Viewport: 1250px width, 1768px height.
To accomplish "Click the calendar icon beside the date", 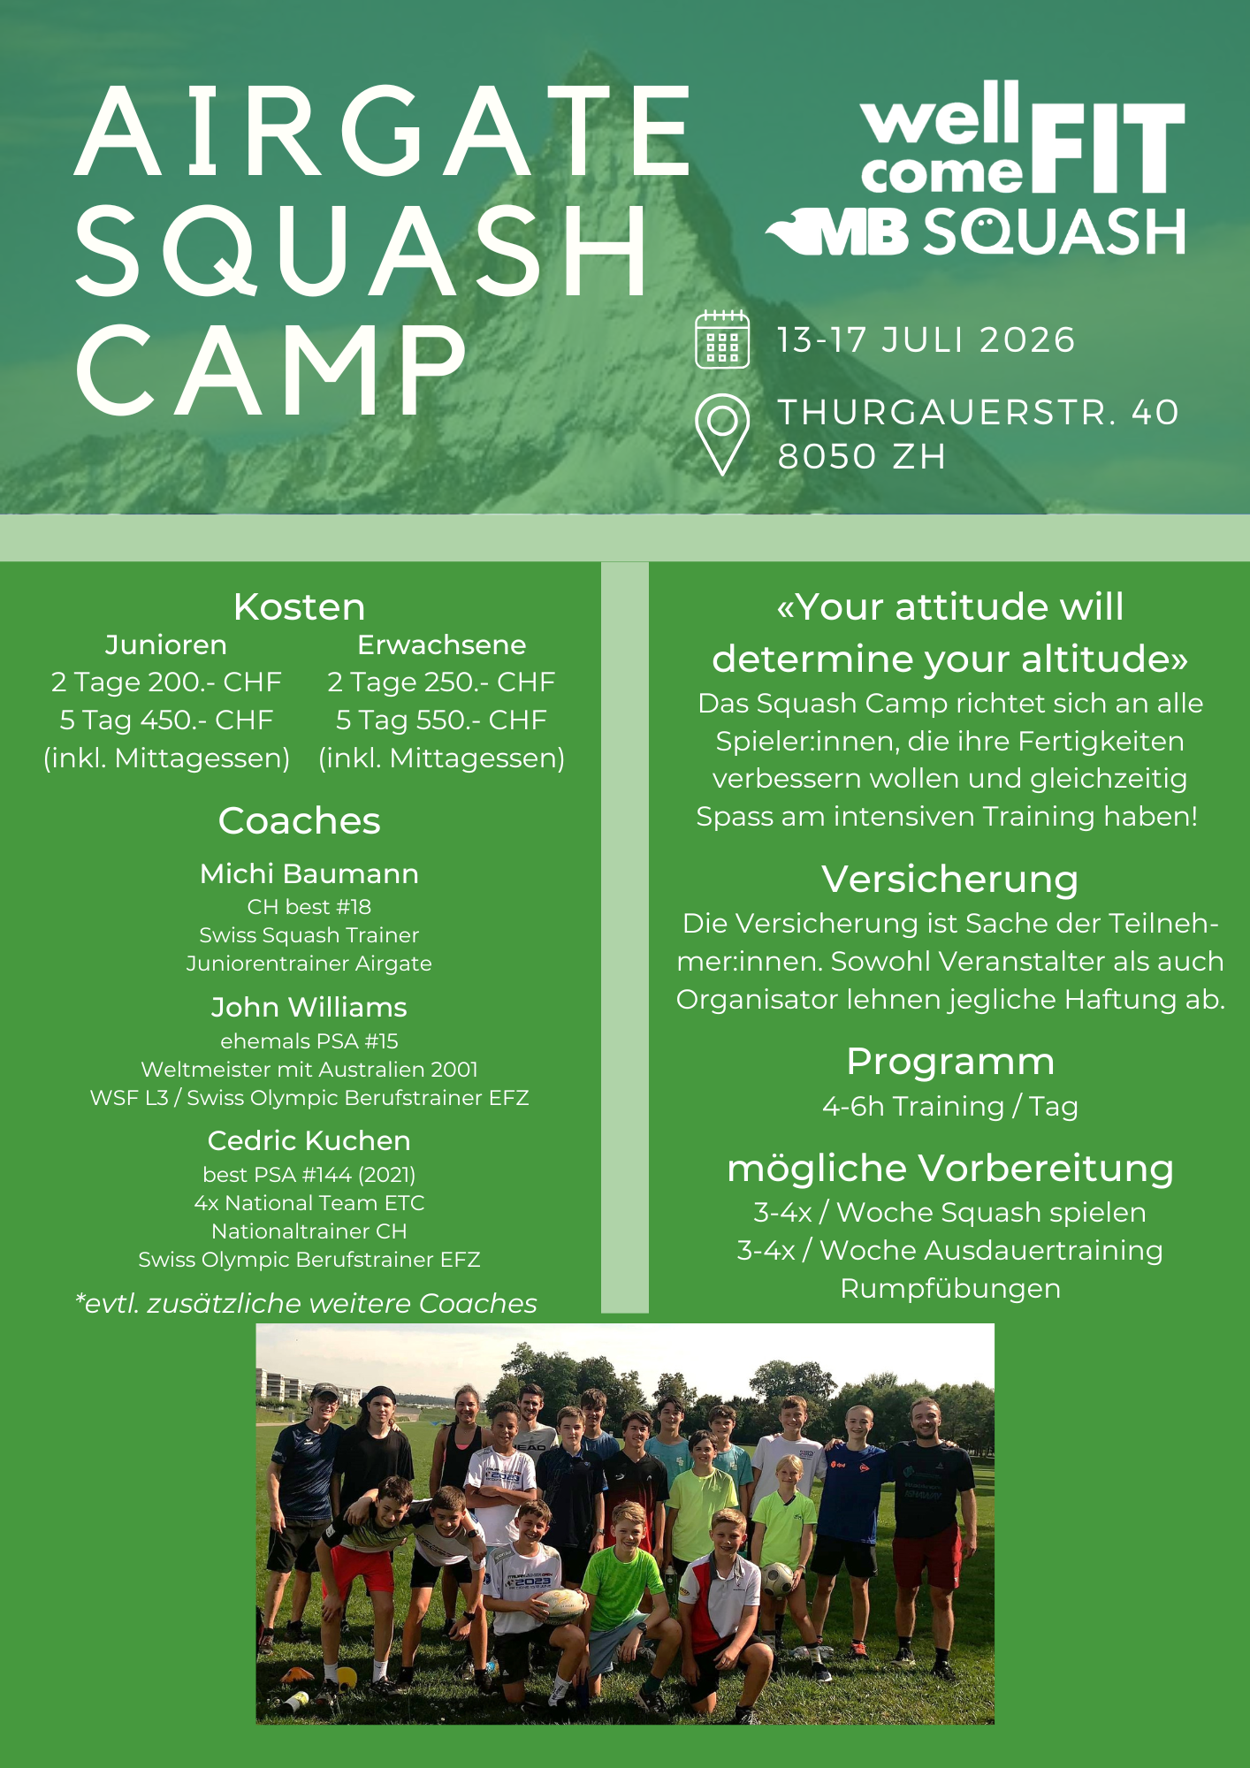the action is click(x=722, y=339).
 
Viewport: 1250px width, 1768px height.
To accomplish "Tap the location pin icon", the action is click(x=722, y=434).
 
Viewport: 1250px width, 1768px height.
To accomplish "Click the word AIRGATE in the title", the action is click(x=383, y=131).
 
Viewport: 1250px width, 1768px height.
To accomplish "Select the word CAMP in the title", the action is click(x=271, y=369).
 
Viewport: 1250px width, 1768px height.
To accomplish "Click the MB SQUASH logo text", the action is click(x=975, y=232).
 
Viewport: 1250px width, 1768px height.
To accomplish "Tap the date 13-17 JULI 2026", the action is click(x=926, y=340).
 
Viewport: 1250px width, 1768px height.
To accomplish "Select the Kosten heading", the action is click(x=299, y=607).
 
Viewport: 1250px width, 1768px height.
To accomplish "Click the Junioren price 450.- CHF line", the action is click(x=166, y=720).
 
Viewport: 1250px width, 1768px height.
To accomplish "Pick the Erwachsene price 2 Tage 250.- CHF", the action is click(x=441, y=682).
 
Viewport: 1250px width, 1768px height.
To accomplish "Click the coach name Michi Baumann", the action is click(x=309, y=873).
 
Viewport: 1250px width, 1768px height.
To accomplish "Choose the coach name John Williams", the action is click(x=309, y=1007).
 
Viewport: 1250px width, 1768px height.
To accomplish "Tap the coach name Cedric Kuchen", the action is click(x=309, y=1140).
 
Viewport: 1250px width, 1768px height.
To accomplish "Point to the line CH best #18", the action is click(x=309, y=907).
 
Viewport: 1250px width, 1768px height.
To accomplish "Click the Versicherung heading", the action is click(x=950, y=880).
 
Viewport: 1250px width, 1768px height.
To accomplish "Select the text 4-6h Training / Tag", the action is click(x=950, y=1107).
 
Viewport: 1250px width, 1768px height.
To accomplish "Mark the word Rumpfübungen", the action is click(x=950, y=1289).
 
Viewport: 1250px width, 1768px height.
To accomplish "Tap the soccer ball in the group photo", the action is click(x=778, y=1579).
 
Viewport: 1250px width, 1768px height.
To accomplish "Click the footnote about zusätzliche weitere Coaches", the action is click(x=307, y=1304).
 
